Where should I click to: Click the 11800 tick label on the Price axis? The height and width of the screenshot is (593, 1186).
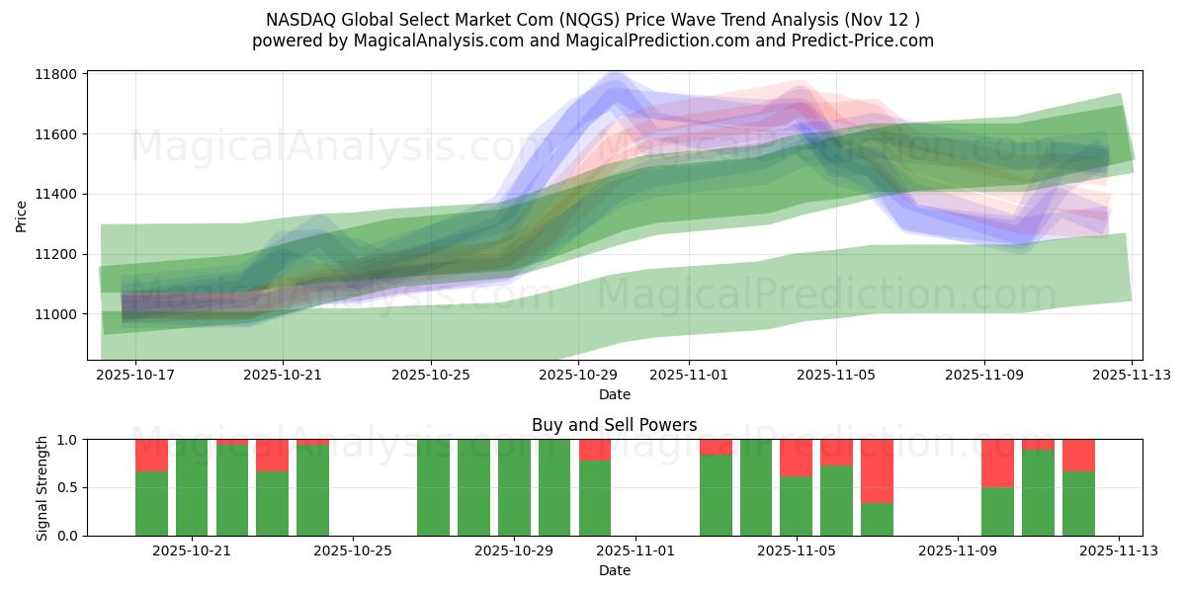(x=58, y=74)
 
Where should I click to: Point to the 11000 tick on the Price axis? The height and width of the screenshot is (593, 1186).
(x=58, y=314)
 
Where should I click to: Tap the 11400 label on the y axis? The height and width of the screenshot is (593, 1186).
(x=58, y=195)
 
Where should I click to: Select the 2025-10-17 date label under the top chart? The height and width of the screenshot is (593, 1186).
(x=135, y=375)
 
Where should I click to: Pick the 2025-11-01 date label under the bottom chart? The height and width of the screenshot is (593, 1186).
(x=635, y=551)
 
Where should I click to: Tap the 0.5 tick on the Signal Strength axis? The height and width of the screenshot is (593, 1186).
(x=71, y=488)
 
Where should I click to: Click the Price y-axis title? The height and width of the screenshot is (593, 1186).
(x=22, y=215)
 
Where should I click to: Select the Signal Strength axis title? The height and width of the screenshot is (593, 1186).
(x=42, y=487)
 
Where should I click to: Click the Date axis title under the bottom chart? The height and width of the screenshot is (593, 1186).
(x=614, y=570)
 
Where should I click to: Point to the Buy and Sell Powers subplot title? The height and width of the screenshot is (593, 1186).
(x=614, y=425)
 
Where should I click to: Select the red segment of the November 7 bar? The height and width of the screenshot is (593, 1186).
(x=877, y=470)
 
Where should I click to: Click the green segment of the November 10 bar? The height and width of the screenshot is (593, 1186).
(x=997, y=511)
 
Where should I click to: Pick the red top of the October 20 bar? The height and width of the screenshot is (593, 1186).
(x=151, y=456)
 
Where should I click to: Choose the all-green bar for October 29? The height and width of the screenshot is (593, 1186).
(x=554, y=487)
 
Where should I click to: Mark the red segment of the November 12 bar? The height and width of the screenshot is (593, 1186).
(x=1078, y=455)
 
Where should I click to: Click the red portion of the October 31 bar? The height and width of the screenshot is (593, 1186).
(x=595, y=450)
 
